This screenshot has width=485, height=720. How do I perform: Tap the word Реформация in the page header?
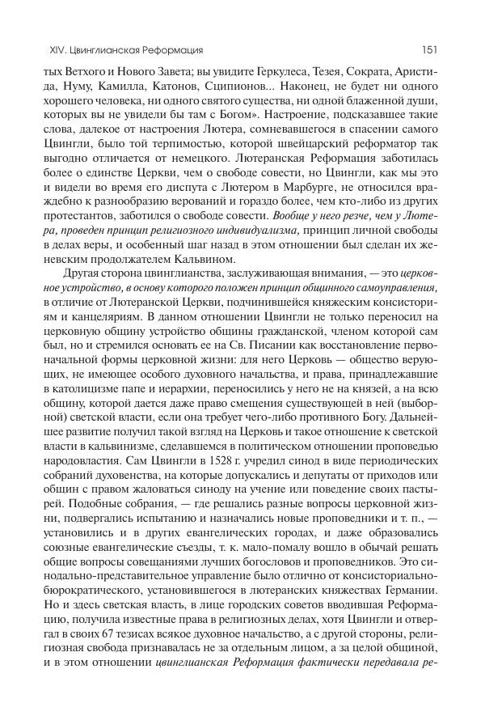[x=170, y=50]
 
